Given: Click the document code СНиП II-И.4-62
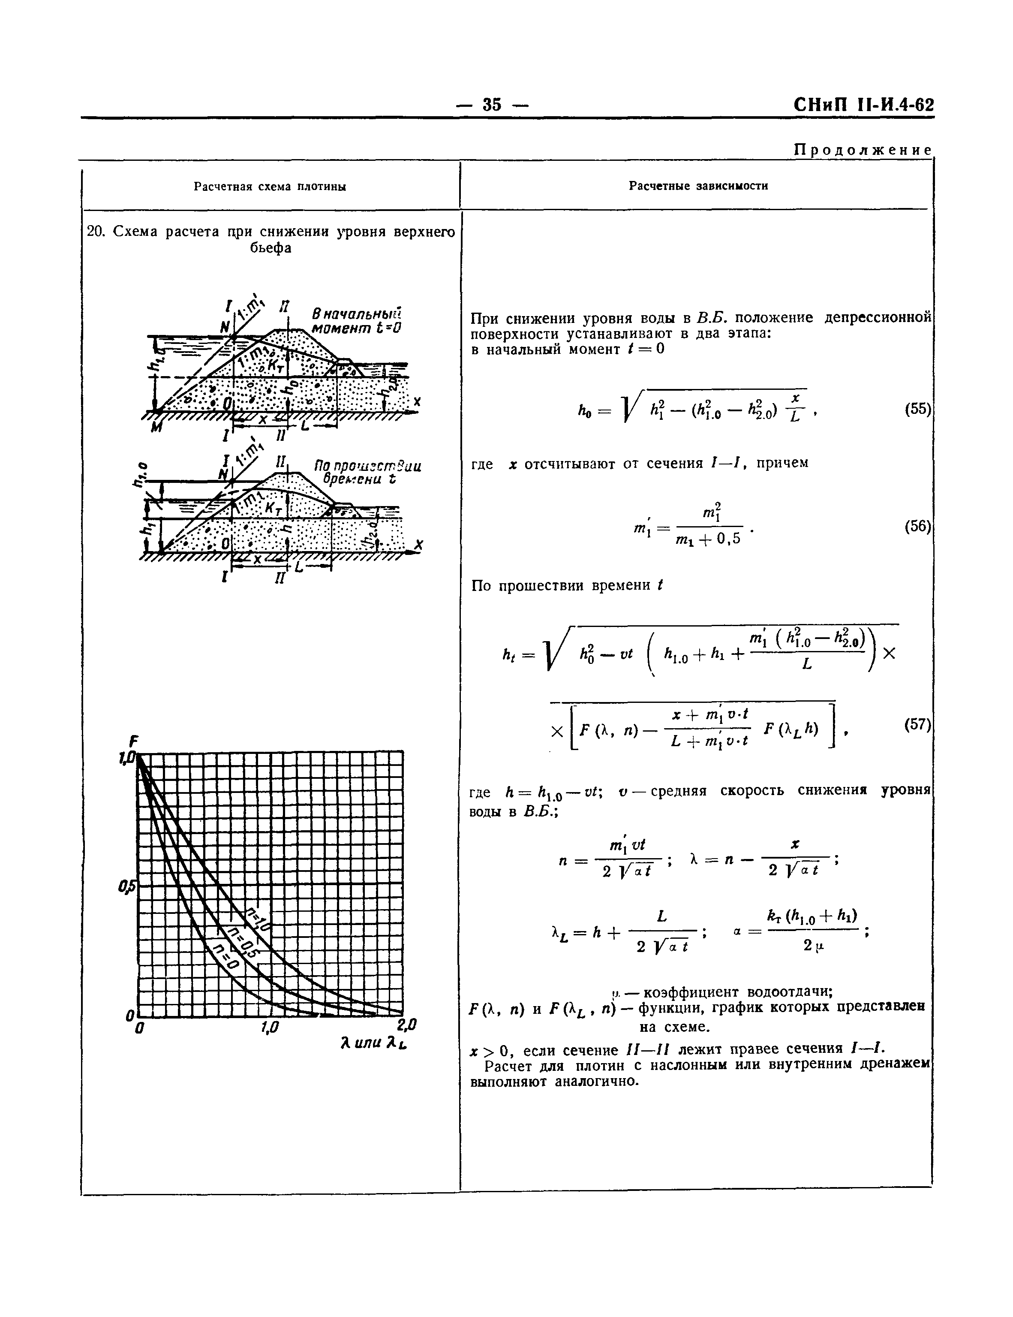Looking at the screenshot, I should click(863, 105).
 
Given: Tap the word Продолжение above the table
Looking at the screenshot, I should click(862, 150).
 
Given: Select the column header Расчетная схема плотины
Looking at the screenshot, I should click(270, 186).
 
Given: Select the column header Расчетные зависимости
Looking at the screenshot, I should click(698, 186).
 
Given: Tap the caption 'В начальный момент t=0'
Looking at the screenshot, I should click(357, 321).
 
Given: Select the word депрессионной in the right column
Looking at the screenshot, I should click(878, 318).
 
